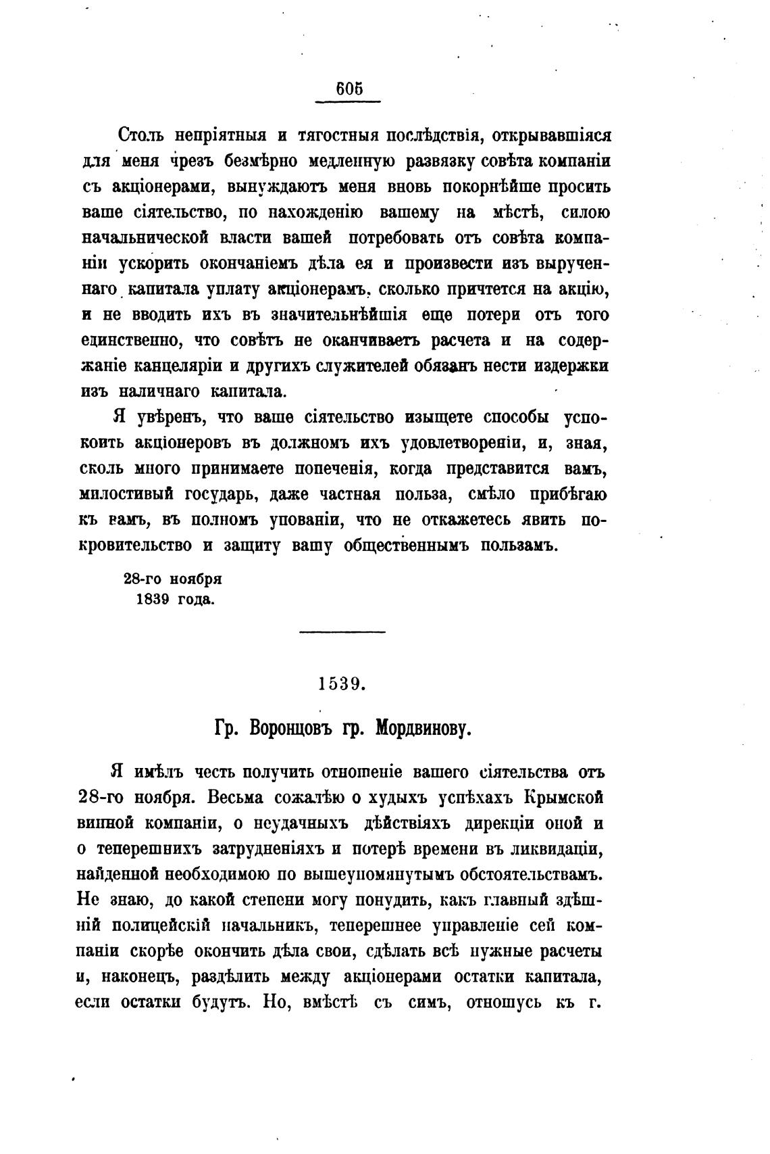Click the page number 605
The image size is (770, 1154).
349,89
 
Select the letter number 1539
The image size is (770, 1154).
342,683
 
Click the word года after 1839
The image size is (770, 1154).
195,599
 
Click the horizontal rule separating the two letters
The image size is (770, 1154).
342,632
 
